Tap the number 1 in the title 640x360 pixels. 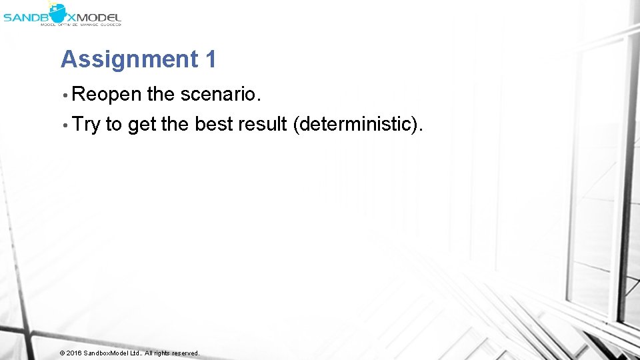211,59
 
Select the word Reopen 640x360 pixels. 106,95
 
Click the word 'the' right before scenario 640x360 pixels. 160,95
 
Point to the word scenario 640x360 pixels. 218,95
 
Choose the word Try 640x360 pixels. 86,124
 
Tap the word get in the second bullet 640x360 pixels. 142,124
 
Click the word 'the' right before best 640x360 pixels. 175,124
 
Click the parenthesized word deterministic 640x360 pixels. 357,124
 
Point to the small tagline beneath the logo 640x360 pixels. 81,24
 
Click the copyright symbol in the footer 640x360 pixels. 62,353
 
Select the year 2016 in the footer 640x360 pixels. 73,353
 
